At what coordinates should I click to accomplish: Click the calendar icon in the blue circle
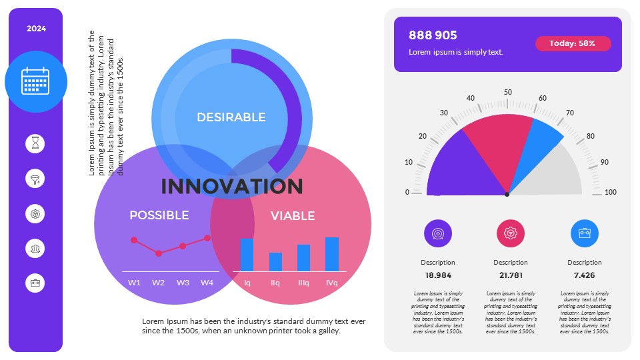(x=36, y=81)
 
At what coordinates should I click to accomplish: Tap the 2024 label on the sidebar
(x=36, y=29)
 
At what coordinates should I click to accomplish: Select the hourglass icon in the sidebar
(x=36, y=143)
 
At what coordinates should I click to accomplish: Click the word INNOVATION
(x=232, y=186)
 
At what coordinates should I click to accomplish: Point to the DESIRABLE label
(x=231, y=117)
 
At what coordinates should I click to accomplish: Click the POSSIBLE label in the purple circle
(x=159, y=215)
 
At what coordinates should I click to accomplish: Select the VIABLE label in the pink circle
(x=293, y=216)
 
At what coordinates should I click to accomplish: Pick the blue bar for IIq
(x=275, y=262)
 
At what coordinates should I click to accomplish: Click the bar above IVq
(x=332, y=254)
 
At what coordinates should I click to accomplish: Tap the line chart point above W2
(x=158, y=253)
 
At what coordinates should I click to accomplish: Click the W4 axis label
(x=207, y=283)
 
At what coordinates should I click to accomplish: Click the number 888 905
(x=433, y=35)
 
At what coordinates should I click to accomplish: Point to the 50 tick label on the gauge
(x=507, y=93)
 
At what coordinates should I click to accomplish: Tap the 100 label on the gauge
(x=610, y=193)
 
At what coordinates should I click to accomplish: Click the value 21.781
(x=511, y=275)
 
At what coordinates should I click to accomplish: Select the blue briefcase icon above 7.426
(x=584, y=233)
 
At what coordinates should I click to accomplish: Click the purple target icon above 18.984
(x=438, y=233)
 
